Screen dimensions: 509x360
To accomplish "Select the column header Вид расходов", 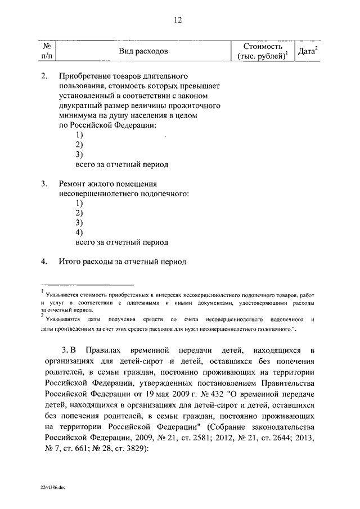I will coord(143,52).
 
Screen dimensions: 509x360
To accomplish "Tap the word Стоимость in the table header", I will coord(263,46).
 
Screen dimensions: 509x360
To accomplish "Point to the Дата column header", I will coord(307,51).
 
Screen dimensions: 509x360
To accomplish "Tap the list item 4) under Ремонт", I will coord(79,232).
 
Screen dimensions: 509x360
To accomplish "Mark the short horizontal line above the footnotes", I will coord(88,285).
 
